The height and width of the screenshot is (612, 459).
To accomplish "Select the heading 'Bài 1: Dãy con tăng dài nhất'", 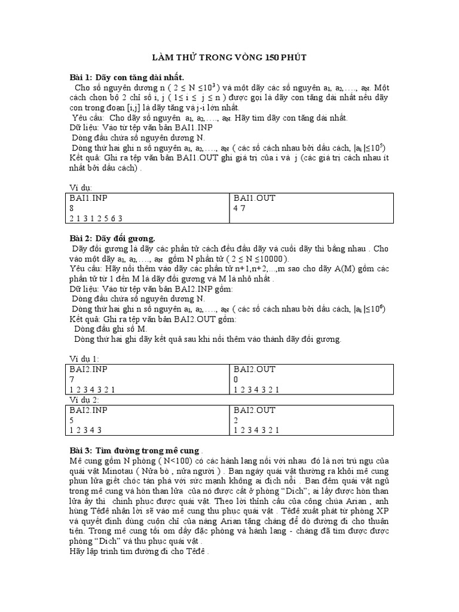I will tap(127, 78).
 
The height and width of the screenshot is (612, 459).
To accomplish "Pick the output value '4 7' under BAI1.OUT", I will tap(240, 208).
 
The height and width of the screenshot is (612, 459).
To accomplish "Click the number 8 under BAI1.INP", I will tap(73, 208).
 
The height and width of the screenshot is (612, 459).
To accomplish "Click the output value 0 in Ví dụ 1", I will tap(236, 379).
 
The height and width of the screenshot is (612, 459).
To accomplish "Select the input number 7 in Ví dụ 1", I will tap(73, 379).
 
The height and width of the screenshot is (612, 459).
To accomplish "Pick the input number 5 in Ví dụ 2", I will tap(73, 420).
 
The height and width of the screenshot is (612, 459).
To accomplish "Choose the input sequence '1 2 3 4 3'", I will tap(87, 429).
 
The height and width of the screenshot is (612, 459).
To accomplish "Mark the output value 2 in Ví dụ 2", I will tap(236, 420).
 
